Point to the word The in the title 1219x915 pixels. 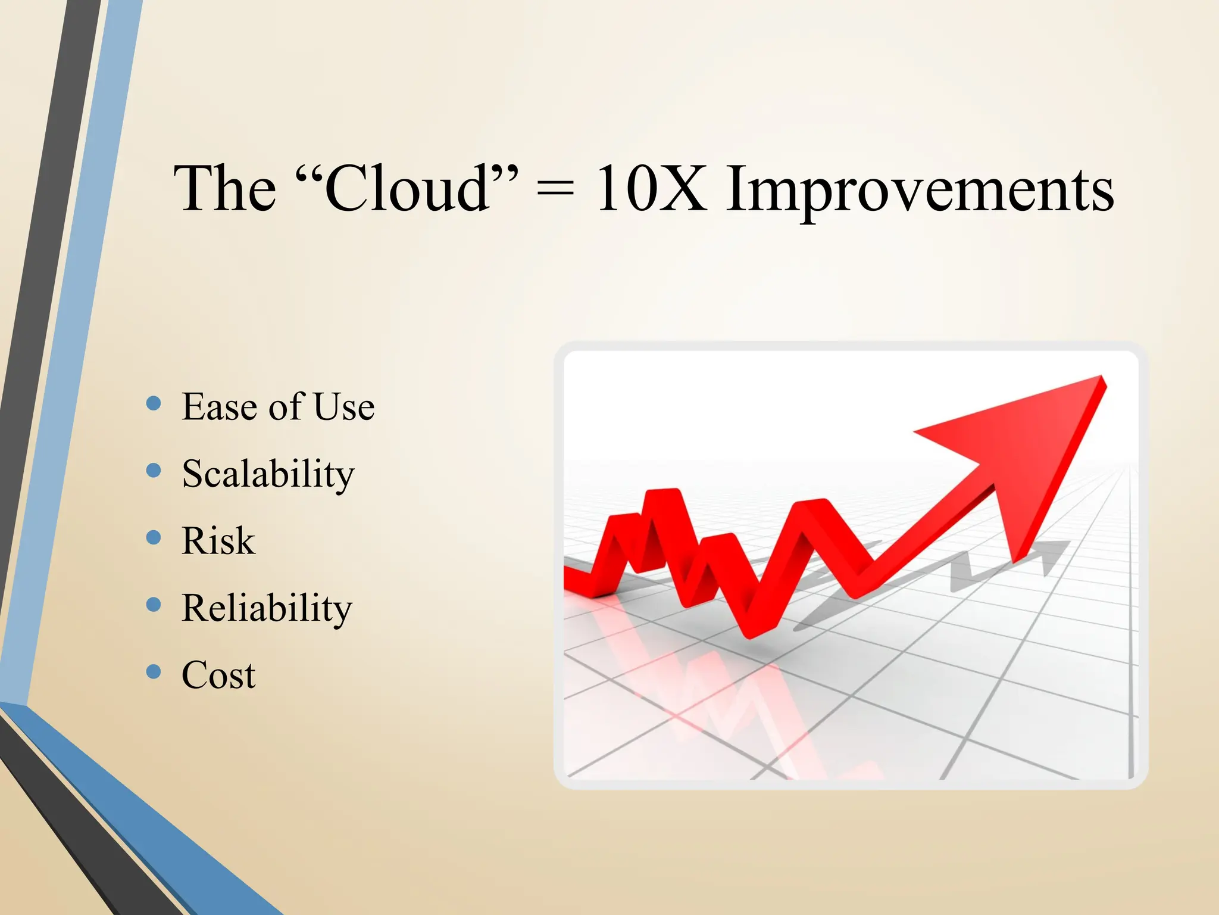225,189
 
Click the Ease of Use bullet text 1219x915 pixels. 278,407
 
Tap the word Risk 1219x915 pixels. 218,541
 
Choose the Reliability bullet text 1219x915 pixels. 267,609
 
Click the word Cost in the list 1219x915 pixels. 218,676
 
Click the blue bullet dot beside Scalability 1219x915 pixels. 154,471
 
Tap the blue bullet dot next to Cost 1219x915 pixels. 154,672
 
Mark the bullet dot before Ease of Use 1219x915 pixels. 154,403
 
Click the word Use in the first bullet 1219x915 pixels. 344,407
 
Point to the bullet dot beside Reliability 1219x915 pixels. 154,605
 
